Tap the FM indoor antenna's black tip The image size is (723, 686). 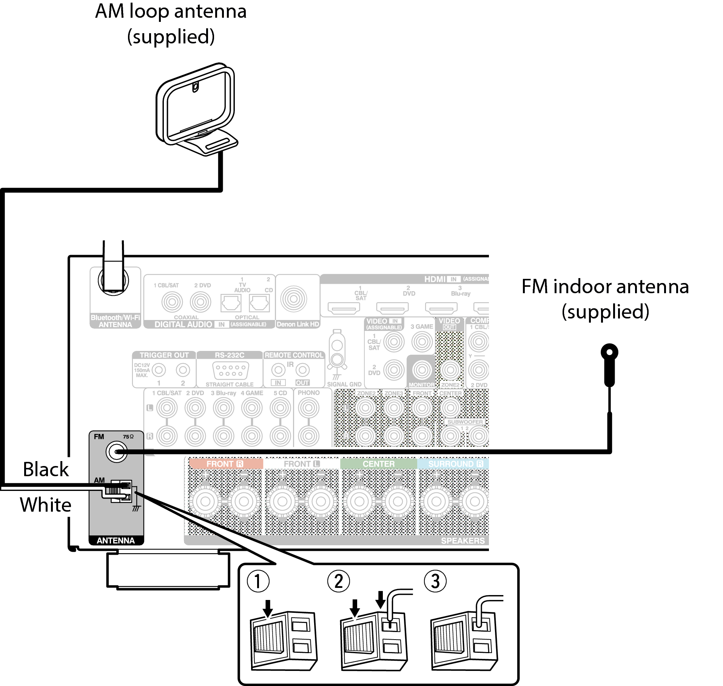coord(609,353)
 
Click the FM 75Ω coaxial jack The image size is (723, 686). coord(116,451)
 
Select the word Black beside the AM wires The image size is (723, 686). coord(46,469)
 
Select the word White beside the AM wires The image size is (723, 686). coord(45,505)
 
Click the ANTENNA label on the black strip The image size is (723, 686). coord(116,540)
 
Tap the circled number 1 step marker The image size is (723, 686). coord(258,581)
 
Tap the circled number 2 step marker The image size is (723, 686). coord(339,581)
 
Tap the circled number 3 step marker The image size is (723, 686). coord(435,581)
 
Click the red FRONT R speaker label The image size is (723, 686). coord(225,464)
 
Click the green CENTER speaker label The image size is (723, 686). coord(378,464)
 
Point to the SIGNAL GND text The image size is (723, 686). coord(344,384)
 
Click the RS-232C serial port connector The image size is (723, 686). coord(230,370)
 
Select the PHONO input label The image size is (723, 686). coord(308,393)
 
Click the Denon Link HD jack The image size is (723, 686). coord(294,299)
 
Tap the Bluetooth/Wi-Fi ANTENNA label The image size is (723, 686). coord(115,321)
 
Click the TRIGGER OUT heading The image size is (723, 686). coord(164,355)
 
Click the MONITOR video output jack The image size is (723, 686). coord(422,370)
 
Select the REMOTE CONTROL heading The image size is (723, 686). coord(294,355)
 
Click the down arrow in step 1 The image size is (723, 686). coord(268,608)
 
